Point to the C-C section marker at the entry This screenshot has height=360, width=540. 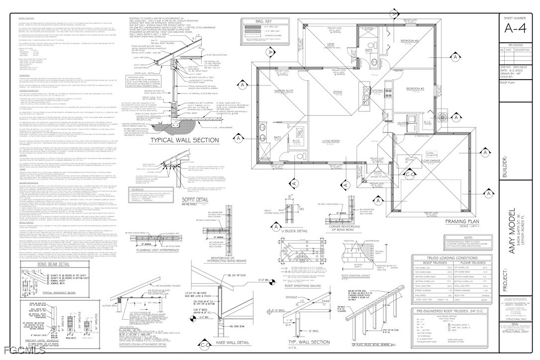[x=396, y=188]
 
